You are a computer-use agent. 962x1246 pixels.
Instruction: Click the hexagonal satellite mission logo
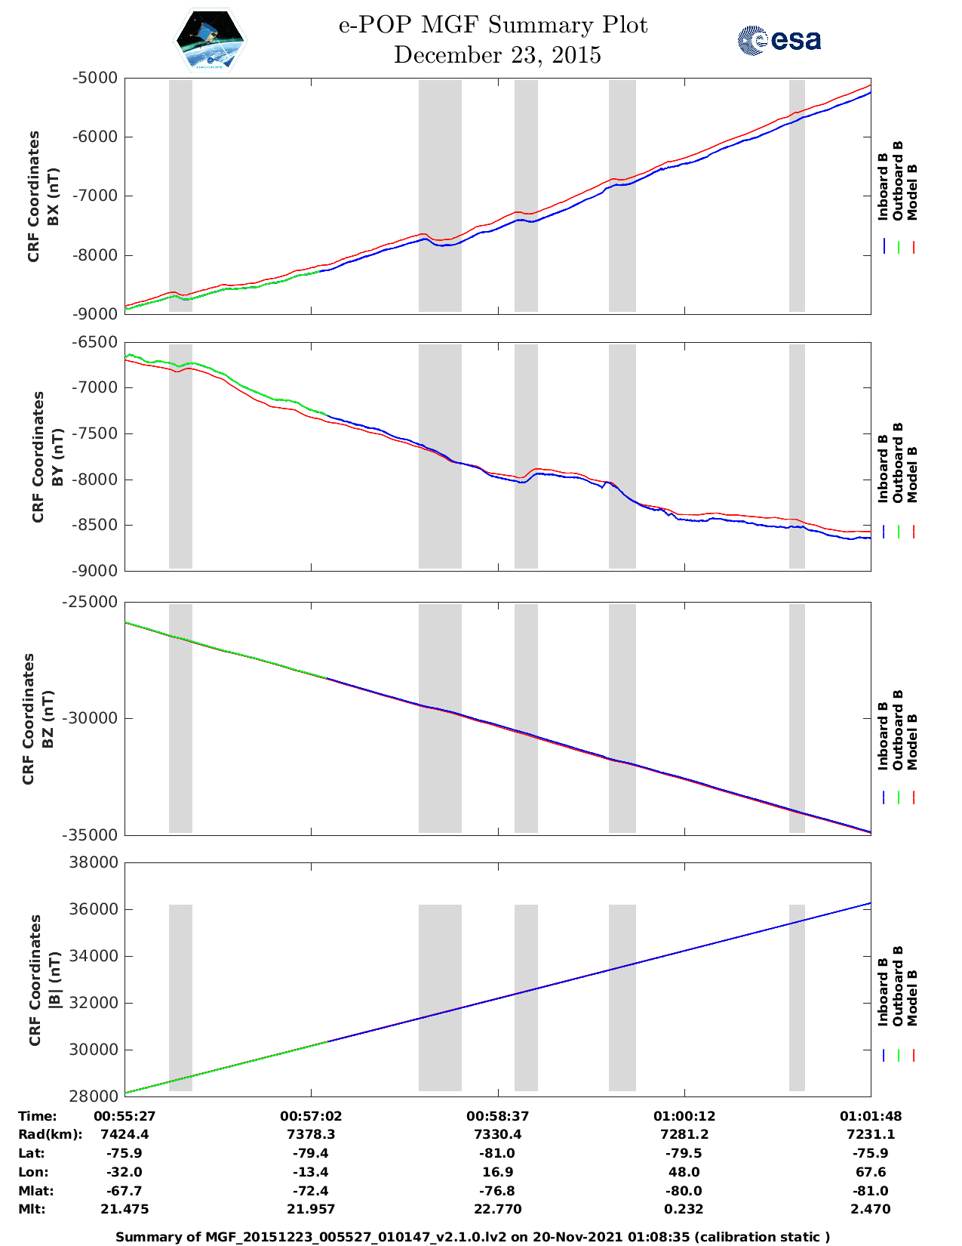tap(210, 40)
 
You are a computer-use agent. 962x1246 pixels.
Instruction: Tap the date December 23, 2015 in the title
tap(497, 55)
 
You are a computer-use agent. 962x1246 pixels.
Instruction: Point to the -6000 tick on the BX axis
tap(96, 137)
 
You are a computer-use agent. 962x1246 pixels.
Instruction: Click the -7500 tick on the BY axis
tap(96, 433)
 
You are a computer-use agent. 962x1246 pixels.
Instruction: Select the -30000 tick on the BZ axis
tap(92, 718)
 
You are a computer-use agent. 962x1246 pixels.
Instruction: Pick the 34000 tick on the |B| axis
tap(94, 956)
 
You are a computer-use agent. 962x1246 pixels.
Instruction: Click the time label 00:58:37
tap(497, 1116)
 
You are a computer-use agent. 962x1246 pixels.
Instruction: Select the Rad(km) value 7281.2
tap(684, 1134)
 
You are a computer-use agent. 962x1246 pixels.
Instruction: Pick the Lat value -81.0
tap(497, 1153)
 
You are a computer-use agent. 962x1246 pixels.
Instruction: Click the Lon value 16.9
tap(497, 1172)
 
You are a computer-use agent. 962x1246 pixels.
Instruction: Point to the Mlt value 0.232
tap(684, 1209)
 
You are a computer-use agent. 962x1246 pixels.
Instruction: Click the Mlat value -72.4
tap(310, 1191)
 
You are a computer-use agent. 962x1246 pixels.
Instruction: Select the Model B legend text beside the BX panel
tap(912, 192)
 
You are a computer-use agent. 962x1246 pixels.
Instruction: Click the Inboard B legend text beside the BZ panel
tap(883, 736)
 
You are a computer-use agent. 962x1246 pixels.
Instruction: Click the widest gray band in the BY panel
tap(440, 456)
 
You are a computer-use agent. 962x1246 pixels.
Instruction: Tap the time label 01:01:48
tap(870, 1116)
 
